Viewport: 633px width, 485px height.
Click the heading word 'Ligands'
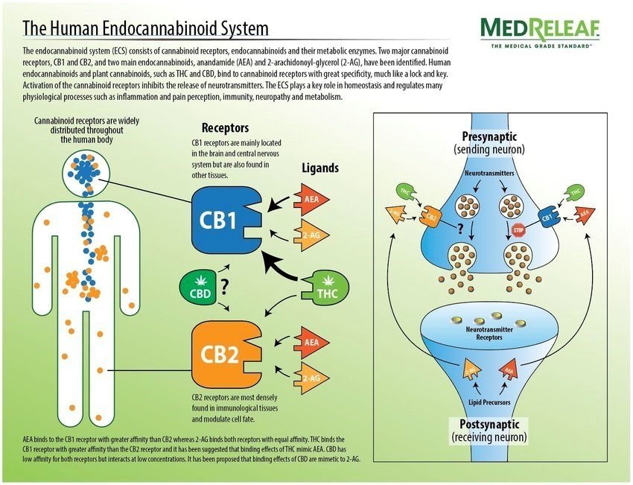pyautogui.click(x=320, y=168)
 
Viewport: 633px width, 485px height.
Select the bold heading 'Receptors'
pyautogui.click(x=225, y=128)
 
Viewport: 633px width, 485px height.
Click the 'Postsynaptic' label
pyautogui.click(x=489, y=425)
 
